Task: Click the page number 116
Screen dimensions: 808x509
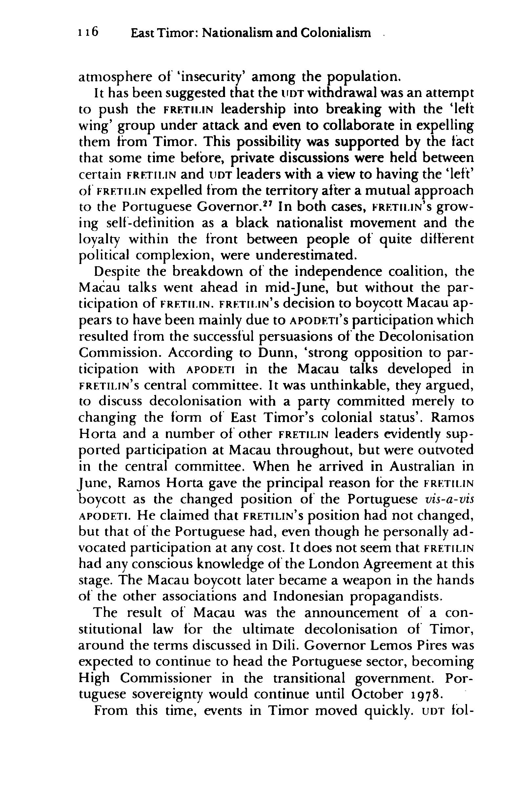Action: point(88,32)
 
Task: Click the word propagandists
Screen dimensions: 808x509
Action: point(395,597)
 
